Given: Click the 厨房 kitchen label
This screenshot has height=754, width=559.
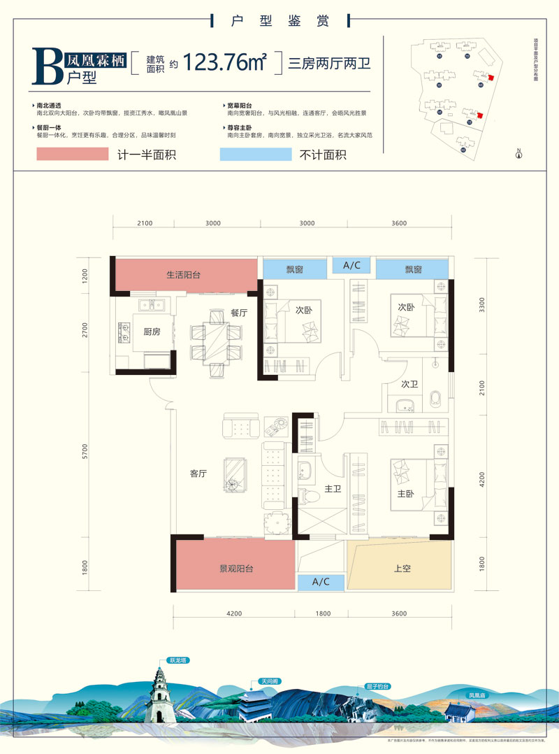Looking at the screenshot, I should pyautogui.click(x=152, y=332).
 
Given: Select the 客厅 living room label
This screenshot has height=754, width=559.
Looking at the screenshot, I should pyautogui.click(x=198, y=474).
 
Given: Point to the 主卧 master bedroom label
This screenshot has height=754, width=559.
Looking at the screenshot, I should pyautogui.click(x=407, y=493).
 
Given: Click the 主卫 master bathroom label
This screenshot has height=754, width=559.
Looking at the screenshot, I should pyautogui.click(x=333, y=489).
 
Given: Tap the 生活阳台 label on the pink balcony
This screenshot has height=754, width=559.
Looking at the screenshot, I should pyautogui.click(x=183, y=275).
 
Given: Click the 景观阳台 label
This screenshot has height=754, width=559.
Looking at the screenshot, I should pyautogui.click(x=235, y=569).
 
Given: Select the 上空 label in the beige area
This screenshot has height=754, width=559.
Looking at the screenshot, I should pyautogui.click(x=402, y=569).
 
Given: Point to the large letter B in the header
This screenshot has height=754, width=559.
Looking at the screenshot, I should pyautogui.click(x=48, y=66).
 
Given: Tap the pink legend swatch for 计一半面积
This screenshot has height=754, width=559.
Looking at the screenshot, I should pyautogui.click(x=69, y=155).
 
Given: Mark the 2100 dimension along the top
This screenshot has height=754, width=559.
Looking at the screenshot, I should pyautogui.click(x=144, y=223).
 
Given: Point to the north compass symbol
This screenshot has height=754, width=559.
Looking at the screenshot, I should pyautogui.click(x=518, y=154).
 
